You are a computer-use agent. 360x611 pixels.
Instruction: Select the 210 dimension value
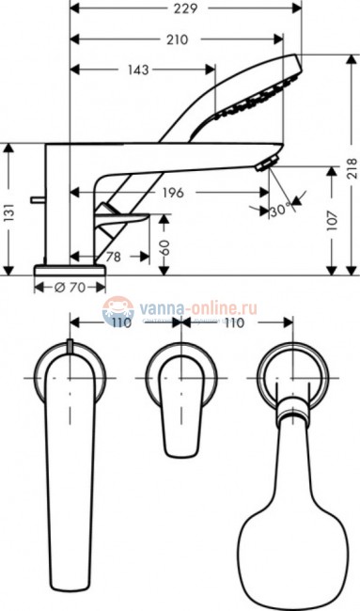tap(178, 40)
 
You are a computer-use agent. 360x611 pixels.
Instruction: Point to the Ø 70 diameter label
tap(70, 288)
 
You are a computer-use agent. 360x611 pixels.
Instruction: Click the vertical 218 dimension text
tap(352, 167)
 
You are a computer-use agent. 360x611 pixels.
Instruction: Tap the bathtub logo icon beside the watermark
tap(117, 307)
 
